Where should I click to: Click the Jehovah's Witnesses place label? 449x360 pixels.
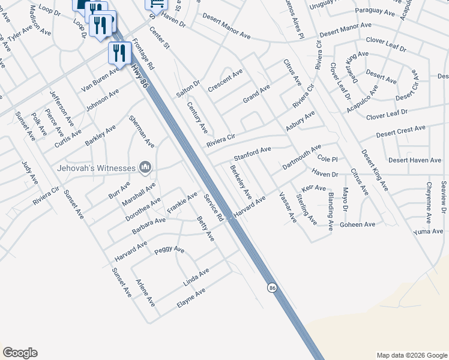96,168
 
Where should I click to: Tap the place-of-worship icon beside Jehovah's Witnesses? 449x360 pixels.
145,167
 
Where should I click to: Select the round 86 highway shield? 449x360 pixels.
273,289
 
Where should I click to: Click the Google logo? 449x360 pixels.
20,353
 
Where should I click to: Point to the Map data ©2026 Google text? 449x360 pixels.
411,355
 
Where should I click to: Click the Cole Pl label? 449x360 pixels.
328,159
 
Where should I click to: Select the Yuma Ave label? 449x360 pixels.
428,231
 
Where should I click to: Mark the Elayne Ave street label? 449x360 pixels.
191,298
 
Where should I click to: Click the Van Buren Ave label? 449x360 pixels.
100,79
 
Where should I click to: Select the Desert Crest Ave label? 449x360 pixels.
400,131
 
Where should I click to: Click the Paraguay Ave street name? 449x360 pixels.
375,12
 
